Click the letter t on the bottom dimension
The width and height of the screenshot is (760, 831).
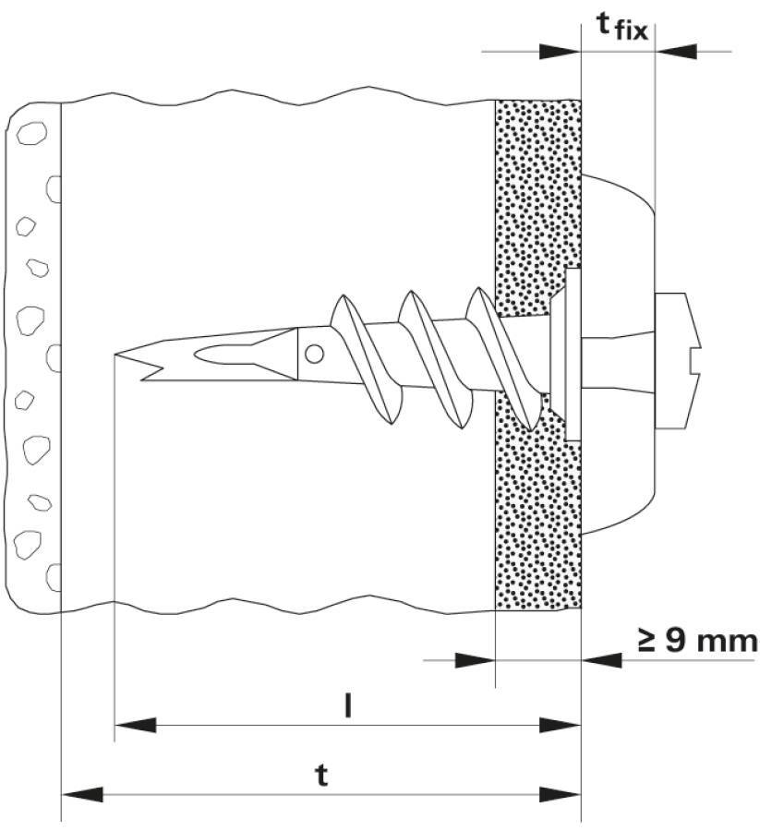tap(320, 776)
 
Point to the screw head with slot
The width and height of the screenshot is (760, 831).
tap(679, 361)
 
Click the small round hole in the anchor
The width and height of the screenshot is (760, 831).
tap(315, 353)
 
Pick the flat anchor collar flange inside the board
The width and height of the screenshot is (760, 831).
tap(571, 354)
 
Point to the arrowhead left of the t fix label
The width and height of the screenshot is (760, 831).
tap(559, 51)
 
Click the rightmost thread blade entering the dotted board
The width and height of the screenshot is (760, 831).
tap(499, 360)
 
